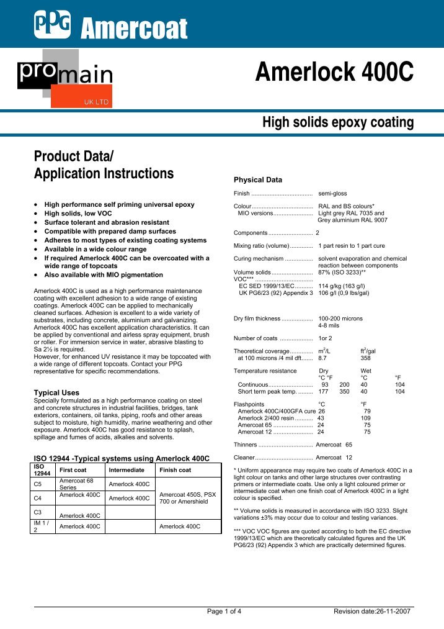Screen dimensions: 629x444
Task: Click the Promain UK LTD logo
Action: [64, 78]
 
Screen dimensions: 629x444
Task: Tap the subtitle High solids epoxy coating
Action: [338, 122]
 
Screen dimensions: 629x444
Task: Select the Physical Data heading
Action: [257, 180]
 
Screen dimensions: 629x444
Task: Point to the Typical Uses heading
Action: [56, 393]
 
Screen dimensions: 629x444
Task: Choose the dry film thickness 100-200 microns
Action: [340, 319]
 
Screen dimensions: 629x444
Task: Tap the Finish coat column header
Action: [175, 471]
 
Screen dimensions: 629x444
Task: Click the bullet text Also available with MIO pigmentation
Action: [104, 274]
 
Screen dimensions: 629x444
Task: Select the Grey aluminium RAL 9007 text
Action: [352, 220]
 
